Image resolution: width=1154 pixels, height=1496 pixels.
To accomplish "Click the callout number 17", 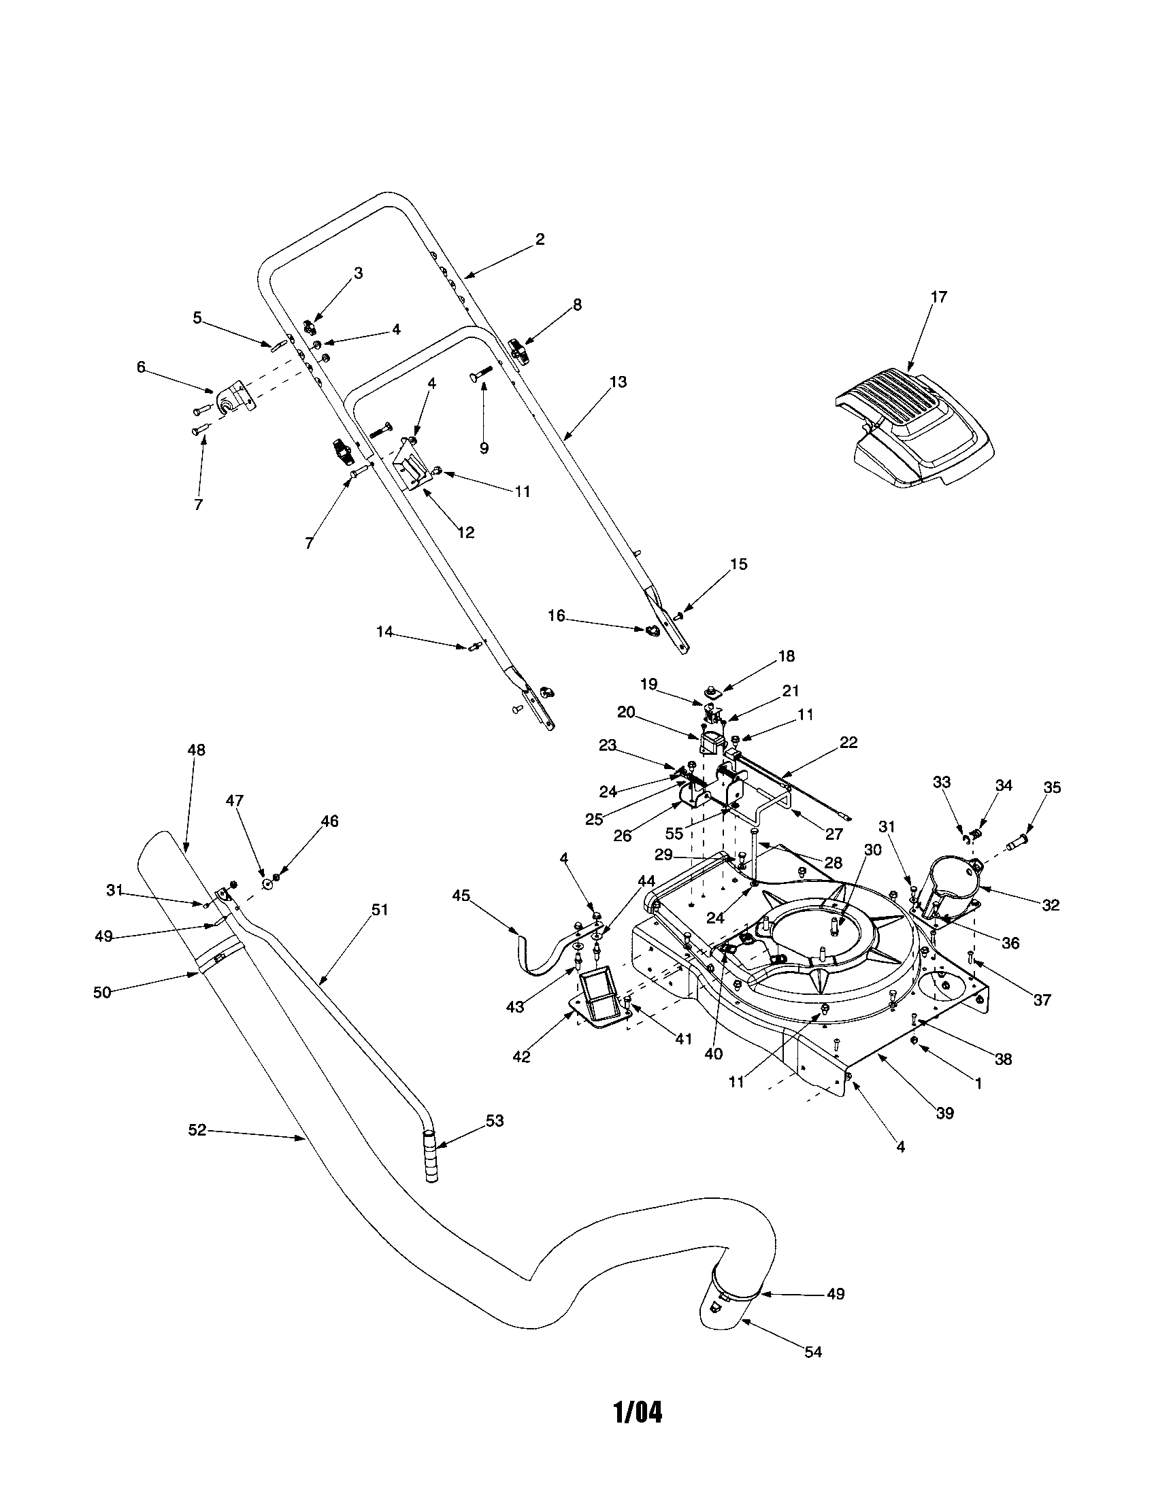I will point(938,296).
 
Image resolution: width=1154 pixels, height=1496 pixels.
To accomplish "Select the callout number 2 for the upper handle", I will point(540,239).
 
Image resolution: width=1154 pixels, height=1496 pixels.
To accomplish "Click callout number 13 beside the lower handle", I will point(617,381).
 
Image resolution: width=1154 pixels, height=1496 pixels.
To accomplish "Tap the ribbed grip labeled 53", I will point(429,1156).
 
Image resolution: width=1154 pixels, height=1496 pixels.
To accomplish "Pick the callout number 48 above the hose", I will point(196,750).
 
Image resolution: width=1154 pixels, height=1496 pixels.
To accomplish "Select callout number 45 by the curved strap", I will point(461,896).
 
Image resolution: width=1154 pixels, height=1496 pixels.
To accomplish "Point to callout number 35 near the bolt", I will point(1052,787).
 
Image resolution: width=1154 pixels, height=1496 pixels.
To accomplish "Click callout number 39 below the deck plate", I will point(945,1113).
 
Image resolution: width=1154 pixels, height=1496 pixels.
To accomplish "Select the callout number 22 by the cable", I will point(848,743).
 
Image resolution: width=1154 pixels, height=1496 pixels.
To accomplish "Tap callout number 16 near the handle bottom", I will point(557,616).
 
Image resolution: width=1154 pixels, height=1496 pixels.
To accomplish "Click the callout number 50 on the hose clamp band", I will point(102,992).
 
